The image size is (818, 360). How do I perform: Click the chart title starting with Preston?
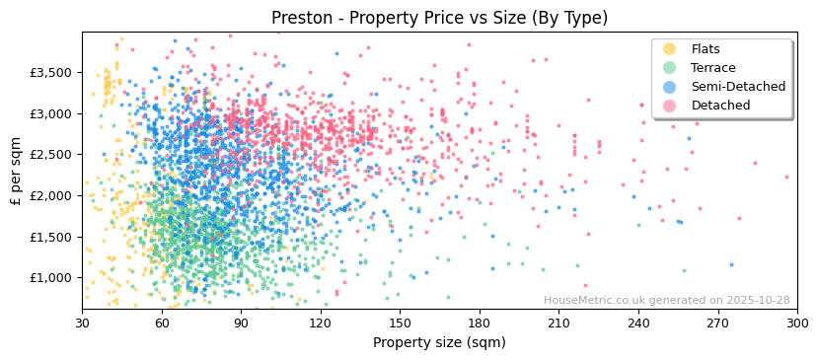(439, 18)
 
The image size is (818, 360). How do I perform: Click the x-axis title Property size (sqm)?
(439, 342)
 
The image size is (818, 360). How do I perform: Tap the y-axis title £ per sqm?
(16, 171)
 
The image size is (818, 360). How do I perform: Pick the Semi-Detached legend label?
(738, 87)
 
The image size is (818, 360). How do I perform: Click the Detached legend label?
(720, 106)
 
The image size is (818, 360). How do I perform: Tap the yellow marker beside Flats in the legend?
(670, 49)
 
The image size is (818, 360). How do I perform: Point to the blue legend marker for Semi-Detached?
(670, 87)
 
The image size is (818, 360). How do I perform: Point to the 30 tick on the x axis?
(82, 323)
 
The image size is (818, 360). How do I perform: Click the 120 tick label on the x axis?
(321, 323)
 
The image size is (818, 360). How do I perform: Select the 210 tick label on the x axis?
(558, 323)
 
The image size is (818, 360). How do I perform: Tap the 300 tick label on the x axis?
(796, 323)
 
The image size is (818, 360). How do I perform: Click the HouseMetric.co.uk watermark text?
(666, 301)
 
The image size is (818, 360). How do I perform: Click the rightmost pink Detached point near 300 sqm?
(786, 178)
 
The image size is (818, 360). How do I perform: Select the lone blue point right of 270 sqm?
(731, 264)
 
